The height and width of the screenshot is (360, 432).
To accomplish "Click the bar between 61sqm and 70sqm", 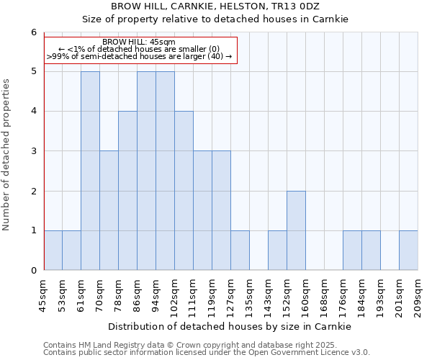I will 90,171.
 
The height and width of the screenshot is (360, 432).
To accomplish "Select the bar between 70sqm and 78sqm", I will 109,210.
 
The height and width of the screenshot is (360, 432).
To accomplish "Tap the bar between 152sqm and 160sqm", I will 296,230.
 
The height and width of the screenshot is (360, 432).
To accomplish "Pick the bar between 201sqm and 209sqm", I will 408,251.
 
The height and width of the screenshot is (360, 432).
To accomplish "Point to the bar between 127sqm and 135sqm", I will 240,251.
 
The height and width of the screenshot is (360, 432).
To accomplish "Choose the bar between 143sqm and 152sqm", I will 277,251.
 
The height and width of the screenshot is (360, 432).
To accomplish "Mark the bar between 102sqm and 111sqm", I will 184,191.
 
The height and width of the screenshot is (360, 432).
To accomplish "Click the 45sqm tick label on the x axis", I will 44,295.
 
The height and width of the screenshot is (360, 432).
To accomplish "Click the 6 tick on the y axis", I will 33,32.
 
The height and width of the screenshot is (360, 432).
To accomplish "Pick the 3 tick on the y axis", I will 33,151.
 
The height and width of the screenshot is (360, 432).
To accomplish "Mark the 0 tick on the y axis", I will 33,271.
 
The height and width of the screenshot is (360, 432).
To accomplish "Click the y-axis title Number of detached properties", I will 7,156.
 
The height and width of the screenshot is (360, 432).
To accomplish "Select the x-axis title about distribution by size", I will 230,327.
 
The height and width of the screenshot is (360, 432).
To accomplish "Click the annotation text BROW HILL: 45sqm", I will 139,42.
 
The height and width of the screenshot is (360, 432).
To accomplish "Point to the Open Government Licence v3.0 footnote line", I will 207,353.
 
